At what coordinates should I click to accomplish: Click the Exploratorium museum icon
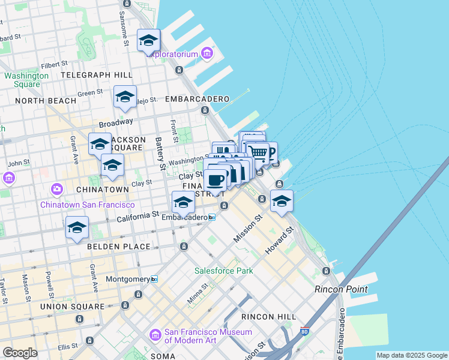[x=208, y=54]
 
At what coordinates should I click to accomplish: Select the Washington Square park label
[x=26, y=80]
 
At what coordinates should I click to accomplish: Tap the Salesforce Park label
[x=223, y=271]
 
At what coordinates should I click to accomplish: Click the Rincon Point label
[x=336, y=289]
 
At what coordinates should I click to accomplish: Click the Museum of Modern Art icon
[x=155, y=334]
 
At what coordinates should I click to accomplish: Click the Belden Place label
[x=119, y=247]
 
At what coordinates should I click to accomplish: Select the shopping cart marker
[x=258, y=152]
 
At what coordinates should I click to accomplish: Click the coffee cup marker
[x=215, y=179]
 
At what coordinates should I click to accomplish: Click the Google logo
[x=20, y=353]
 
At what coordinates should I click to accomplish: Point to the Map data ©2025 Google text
[x=411, y=355]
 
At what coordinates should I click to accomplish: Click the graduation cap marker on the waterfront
[x=282, y=201]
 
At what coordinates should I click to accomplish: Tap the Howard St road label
[x=280, y=239]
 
